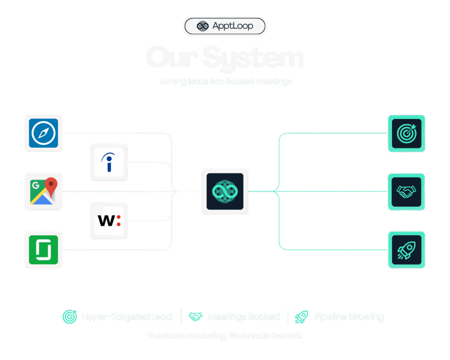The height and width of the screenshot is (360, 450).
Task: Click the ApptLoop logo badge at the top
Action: coord(225,26)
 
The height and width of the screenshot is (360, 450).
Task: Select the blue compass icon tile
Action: coord(44,133)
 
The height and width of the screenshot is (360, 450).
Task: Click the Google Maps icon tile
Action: coord(44,191)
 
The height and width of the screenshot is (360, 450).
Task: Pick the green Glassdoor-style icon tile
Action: coord(44,250)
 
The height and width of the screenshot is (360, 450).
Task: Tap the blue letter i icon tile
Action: coord(109,162)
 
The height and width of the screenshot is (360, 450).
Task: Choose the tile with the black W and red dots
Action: coord(109,220)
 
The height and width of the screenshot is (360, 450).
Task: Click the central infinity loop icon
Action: coord(225,191)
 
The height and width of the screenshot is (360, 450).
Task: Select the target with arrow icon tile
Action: coord(406,133)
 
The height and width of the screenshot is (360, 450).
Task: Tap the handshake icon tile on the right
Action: coord(406,191)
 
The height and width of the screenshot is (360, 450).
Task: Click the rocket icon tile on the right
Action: coord(406,250)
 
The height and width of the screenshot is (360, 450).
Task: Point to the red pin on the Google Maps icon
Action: coord(51,186)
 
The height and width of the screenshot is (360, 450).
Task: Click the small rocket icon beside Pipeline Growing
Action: coord(301,316)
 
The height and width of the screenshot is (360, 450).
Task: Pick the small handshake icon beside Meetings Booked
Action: coord(195,316)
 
